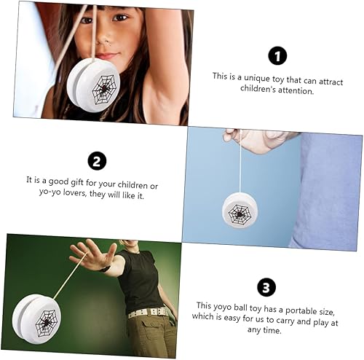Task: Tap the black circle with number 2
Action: [x=98, y=161]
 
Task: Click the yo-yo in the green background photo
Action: [x=36, y=320]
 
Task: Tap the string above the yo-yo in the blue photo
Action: [x=240, y=168]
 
